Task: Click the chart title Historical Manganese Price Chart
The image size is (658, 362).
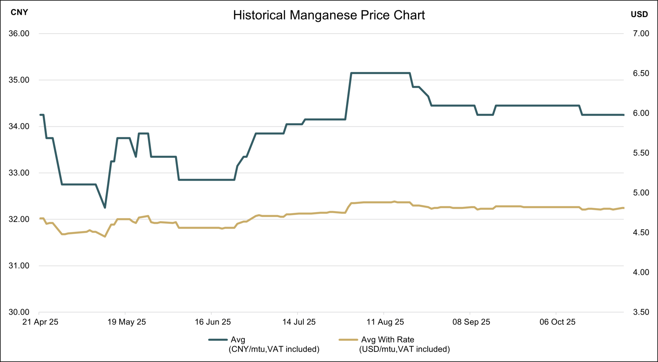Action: (x=329, y=15)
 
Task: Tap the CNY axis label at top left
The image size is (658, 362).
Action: (x=19, y=12)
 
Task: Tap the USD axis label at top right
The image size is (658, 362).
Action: (x=639, y=14)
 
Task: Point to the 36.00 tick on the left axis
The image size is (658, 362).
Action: (x=19, y=34)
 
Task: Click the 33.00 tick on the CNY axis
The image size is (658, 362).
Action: (x=19, y=173)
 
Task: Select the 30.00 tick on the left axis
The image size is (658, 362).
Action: (x=19, y=312)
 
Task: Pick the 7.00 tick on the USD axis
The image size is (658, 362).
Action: (x=641, y=34)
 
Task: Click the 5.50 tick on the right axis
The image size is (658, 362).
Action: (x=641, y=153)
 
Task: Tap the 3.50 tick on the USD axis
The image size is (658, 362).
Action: (x=641, y=312)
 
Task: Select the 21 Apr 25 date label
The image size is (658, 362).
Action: (x=40, y=322)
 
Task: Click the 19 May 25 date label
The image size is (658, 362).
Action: (x=126, y=322)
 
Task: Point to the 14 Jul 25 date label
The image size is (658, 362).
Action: (x=299, y=322)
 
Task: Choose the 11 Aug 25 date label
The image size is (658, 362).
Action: (x=385, y=322)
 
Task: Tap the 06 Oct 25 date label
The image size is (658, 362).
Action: (x=557, y=322)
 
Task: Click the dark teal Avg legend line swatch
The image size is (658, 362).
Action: (x=218, y=340)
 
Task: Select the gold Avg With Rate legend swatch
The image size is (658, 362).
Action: (x=348, y=340)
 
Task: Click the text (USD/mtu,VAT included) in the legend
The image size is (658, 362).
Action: (x=404, y=349)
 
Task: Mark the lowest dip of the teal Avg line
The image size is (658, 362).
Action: (x=105, y=208)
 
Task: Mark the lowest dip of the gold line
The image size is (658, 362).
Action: (x=105, y=236)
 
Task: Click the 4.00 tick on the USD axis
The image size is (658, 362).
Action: (x=641, y=272)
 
